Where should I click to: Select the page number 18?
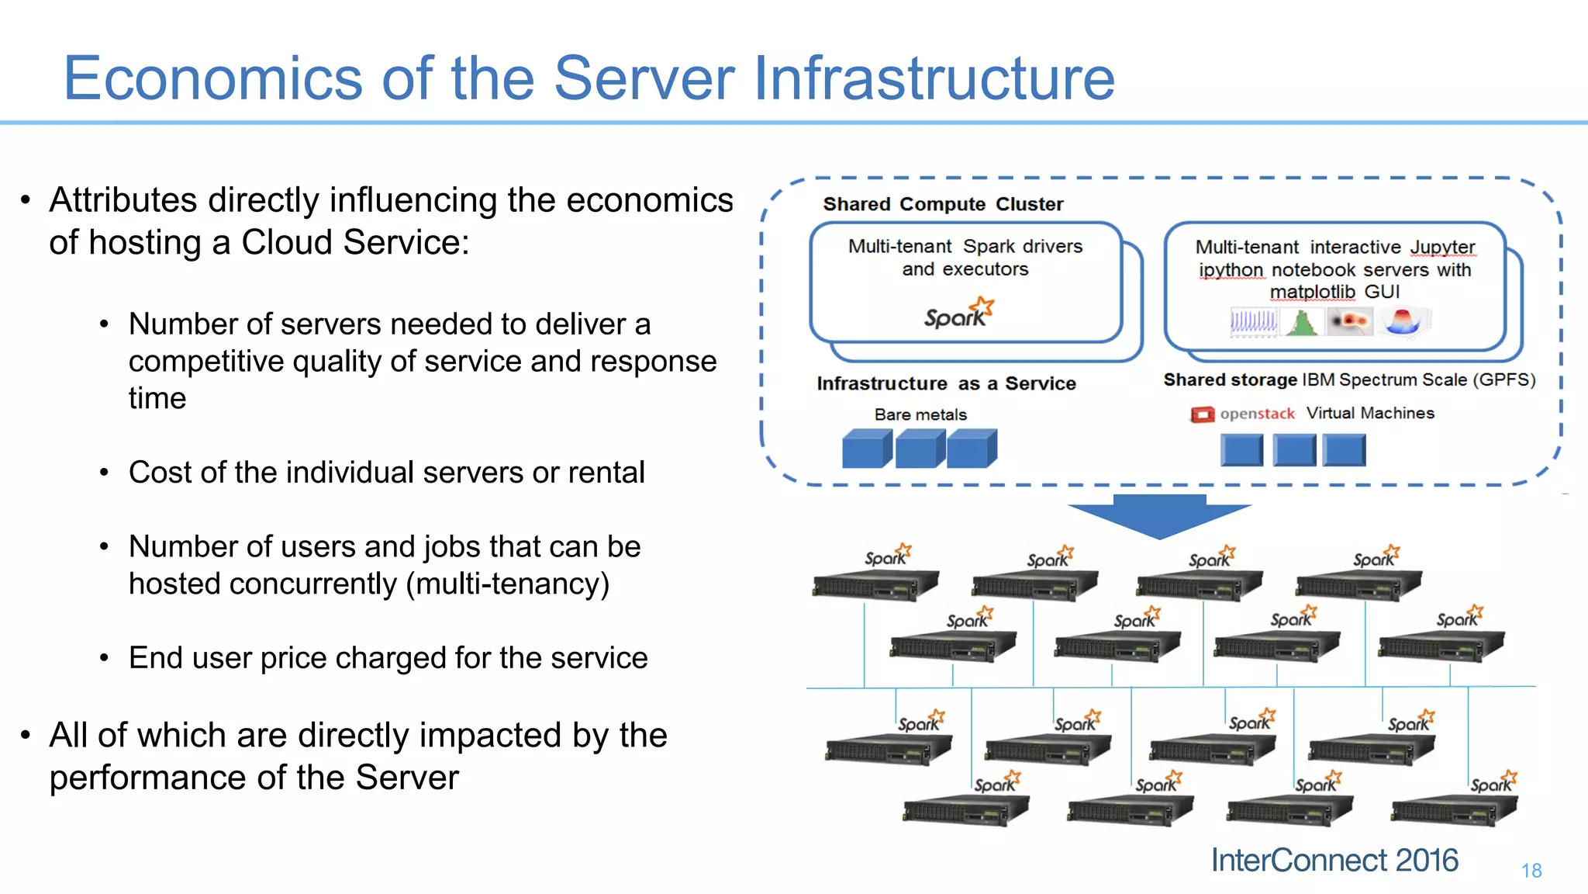pos(1531,871)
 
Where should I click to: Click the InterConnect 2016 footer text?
pos(1334,860)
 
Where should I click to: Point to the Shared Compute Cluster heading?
pos(943,204)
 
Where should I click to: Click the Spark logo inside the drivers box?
pos(958,314)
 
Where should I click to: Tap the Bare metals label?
pos(920,414)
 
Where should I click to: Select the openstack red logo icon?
pos(1202,414)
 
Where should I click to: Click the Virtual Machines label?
pos(1370,413)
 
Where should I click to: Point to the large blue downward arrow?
pos(1159,516)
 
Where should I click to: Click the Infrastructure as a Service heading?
pos(946,383)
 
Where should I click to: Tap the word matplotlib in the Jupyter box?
pos(1312,292)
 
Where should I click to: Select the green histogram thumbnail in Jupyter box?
pos(1303,321)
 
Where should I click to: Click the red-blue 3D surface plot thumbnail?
pos(1403,321)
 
